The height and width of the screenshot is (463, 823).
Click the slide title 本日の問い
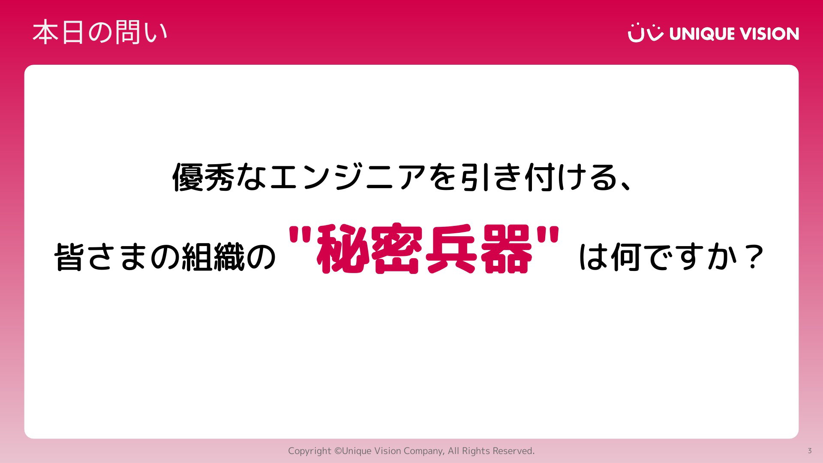(x=100, y=33)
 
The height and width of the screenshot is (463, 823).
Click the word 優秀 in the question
(x=203, y=177)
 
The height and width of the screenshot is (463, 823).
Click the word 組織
(x=213, y=257)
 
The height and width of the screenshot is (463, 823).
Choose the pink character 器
(x=506, y=249)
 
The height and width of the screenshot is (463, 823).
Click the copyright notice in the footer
(x=411, y=451)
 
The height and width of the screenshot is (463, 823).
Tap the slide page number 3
(x=810, y=451)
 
